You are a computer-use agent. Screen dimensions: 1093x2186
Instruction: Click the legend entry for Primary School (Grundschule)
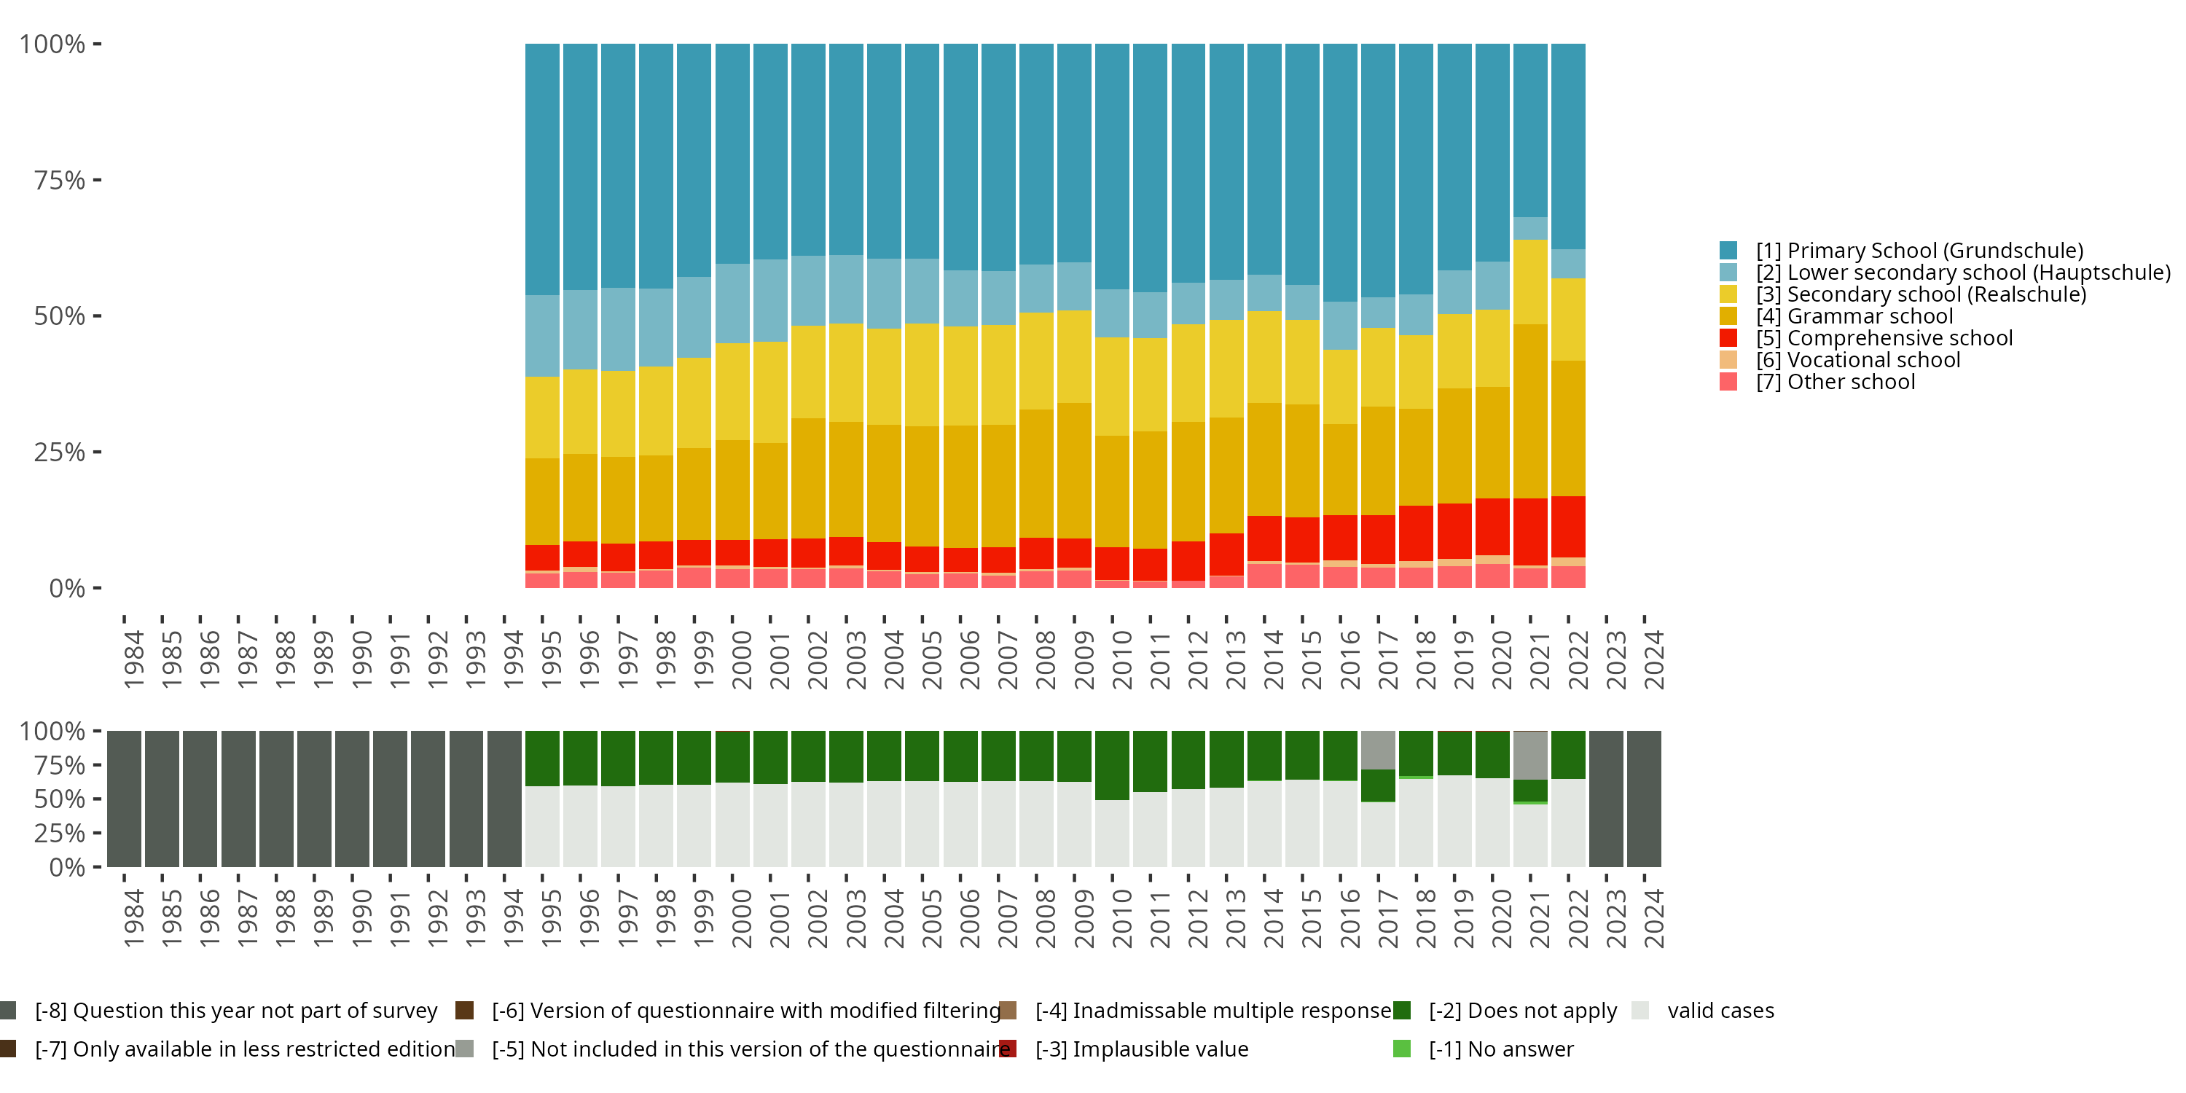tap(1919, 251)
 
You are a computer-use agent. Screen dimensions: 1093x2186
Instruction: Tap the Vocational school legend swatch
tap(1728, 360)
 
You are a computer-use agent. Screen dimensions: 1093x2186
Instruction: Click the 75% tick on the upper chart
tap(60, 180)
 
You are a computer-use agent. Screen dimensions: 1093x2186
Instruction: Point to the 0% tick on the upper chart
tap(67, 588)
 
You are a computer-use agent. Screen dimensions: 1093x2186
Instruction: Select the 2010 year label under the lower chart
tap(1122, 918)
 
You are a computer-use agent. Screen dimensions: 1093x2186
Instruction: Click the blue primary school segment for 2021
tap(1530, 130)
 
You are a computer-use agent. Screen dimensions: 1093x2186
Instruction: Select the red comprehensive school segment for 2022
tap(1568, 526)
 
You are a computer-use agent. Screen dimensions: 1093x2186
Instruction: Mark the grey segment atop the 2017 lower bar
tap(1378, 749)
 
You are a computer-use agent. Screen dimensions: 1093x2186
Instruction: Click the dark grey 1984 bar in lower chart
tap(124, 799)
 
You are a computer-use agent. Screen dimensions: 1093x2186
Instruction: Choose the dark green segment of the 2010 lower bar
tap(1112, 764)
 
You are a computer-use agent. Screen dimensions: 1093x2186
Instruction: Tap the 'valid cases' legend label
tap(1720, 1011)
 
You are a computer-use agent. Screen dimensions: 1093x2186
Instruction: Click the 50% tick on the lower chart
tap(60, 799)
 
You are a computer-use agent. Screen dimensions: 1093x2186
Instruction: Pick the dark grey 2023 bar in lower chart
tap(1605, 799)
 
